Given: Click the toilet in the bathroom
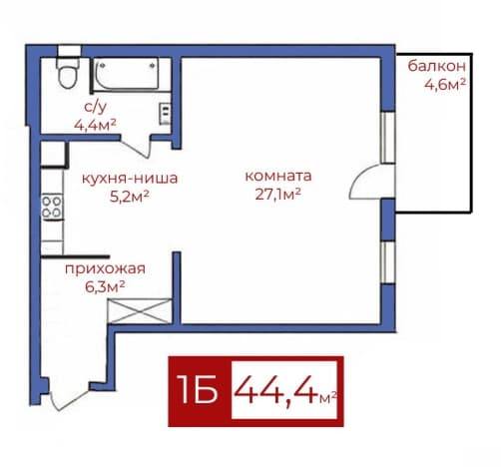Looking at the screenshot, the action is [x=68, y=73].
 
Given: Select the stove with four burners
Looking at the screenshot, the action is [x=52, y=207].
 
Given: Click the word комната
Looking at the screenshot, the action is [x=278, y=176].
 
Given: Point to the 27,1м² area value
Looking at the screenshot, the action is [x=278, y=195].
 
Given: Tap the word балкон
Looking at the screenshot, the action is [x=436, y=66].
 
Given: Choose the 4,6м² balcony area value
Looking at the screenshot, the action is [x=445, y=85].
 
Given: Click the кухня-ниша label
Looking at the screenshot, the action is [x=130, y=179].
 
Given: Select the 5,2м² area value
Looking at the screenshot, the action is [x=130, y=197].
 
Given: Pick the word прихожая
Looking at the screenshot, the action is [x=105, y=268].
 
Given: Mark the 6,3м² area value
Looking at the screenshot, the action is [x=105, y=286].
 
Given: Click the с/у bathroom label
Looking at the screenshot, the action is [x=96, y=107].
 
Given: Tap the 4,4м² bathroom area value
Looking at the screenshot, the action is [x=95, y=125].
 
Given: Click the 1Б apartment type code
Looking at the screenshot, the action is [x=197, y=389].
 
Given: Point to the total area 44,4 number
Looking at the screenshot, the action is [x=275, y=390].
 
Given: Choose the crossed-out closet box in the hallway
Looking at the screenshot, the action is [x=141, y=311].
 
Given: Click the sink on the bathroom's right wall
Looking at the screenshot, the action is [x=166, y=114].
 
